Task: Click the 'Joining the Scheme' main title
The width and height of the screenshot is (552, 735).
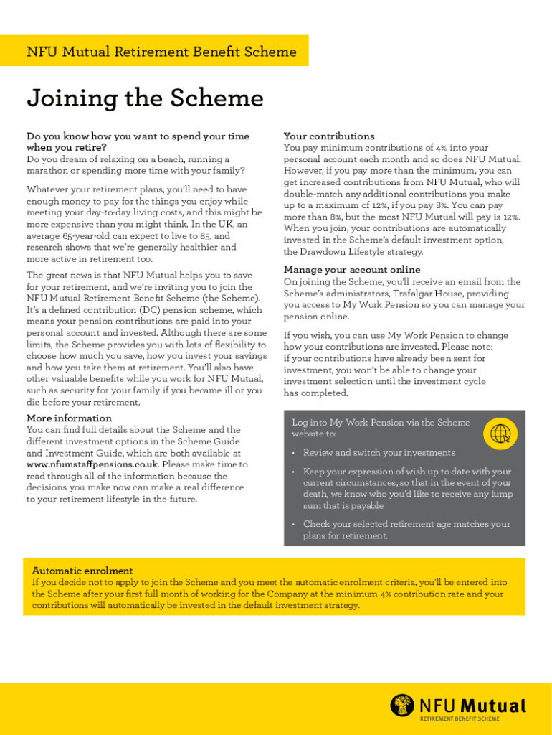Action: [x=145, y=98]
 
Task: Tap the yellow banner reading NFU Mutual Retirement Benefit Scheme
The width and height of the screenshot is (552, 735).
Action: [x=161, y=52]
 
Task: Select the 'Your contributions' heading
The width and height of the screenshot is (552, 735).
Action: [x=329, y=136]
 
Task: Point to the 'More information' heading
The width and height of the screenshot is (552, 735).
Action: [x=69, y=418]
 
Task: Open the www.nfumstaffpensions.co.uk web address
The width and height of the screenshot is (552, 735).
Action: [x=92, y=464]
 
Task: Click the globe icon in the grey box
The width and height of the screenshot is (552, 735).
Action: [x=500, y=433]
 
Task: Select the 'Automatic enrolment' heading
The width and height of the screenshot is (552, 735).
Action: [x=82, y=571]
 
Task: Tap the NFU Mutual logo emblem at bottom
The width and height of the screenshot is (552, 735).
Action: [x=402, y=705]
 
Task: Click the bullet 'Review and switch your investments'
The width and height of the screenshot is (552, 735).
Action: [x=379, y=453]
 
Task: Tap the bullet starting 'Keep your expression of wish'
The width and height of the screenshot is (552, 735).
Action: [x=406, y=472]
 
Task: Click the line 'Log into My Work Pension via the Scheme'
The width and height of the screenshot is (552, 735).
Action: [x=381, y=423]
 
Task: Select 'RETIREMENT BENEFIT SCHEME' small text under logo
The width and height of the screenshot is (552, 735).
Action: [x=460, y=718]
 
